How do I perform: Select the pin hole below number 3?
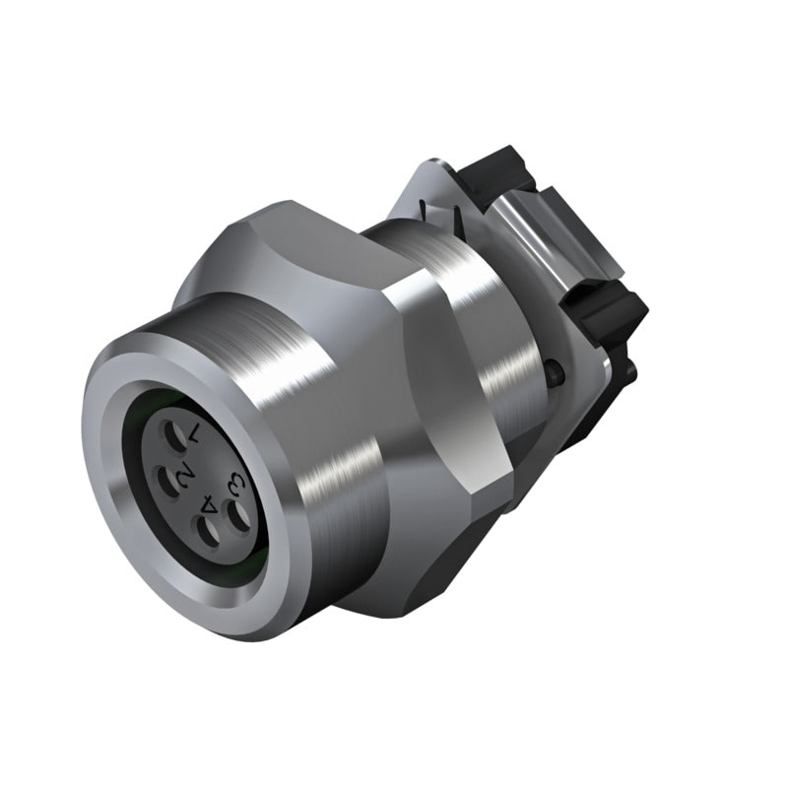point(237,513)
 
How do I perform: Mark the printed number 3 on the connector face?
point(234,484)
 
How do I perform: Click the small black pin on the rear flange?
point(557,371)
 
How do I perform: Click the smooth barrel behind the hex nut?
point(492,325)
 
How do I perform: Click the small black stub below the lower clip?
point(626,368)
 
